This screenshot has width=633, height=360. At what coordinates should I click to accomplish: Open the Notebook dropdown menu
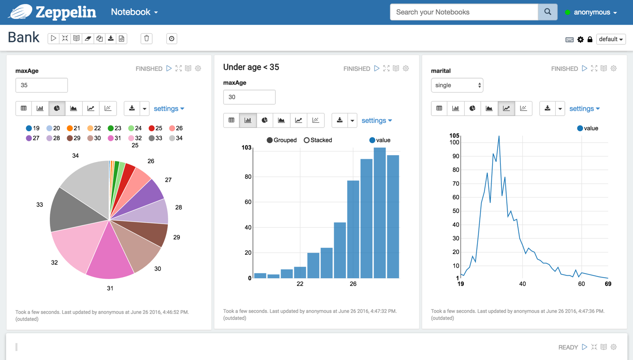click(134, 12)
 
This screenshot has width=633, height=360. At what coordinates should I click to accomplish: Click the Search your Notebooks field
click(464, 12)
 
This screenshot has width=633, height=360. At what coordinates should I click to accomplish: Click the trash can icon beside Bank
click(146, 38)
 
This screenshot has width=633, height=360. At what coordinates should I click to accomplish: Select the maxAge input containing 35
click(42, 85)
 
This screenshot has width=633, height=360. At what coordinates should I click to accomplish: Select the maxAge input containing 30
click(249, 97)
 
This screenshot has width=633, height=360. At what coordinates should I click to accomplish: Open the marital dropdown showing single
click(457, 85)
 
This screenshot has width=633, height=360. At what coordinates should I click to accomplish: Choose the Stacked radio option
click(307, 140)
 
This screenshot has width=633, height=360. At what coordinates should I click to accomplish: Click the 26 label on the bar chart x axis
click(353, 284)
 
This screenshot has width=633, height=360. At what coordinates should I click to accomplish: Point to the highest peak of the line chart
click(499, 136)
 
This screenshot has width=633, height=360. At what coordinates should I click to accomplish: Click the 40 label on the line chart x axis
click(522, 284)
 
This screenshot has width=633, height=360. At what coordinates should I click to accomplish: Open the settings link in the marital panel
click(584, 108)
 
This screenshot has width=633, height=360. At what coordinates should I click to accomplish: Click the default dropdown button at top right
click(611, 39)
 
